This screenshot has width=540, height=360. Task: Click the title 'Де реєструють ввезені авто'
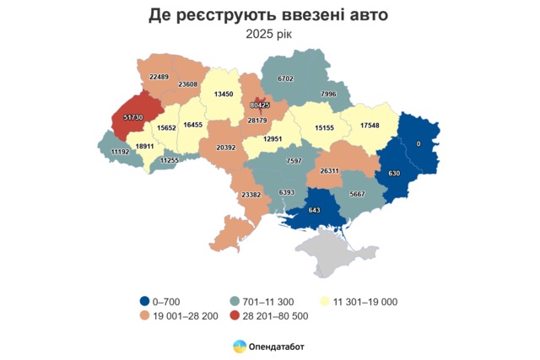pyautogui.click(x=270, y=15)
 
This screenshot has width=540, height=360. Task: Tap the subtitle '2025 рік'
pyautogui.click(x=270, y=35)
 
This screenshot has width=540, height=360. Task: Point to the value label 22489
pyautogui.click(x=159, y=77)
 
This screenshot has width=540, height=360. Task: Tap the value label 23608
pyautogui.click(x=188, y=84)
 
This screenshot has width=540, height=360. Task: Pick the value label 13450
pyautogui.click(x=224, y=94)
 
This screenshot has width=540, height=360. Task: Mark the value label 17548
pyautogui.click(x=370, y=126)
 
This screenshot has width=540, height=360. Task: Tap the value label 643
pyautogui.click(x=313, y=210)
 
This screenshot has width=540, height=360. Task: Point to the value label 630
pyautogui.click(x=392, y=174)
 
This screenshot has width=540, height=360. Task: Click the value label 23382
pyautogui.click(x=251, y=195)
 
